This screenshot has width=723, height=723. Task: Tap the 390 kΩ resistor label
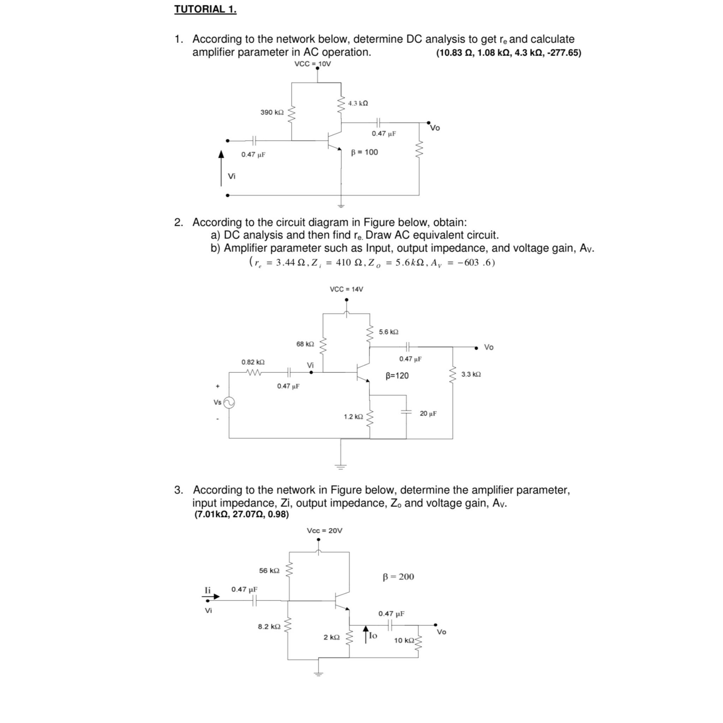pyautogui.click(x=272, y=112)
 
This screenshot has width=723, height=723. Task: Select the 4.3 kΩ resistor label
pyautogui.click(x=358, y=103)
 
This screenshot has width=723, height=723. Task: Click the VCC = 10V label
pyautogui.click(x=312, y=64)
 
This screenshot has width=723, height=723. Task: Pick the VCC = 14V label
pyautogui.click(x=346, y=289)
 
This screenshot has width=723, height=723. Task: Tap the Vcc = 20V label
pyautogui.click(x=324, y=530)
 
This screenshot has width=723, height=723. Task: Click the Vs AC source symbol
pyautogui.click(x=229, y=402)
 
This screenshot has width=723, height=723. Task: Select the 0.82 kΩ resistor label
pyautogui.click(x=253, y=362)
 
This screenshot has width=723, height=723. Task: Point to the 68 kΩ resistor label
pyautogui.click(x=305, y=343)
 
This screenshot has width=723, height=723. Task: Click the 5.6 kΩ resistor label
pyautogui.click(x=388, y=331)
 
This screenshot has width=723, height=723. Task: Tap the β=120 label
pyautogui.click(x=397, y=375)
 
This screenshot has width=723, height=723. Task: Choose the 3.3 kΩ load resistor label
pyautogui.click(x=471, y=374)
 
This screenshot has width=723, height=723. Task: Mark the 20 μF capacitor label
pyautogui.click(x=428, y=413)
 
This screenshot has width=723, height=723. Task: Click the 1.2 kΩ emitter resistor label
pyautogui.click(x=353, y=417)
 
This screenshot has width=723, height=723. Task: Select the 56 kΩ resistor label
pyautogui.click(x=269, y=570)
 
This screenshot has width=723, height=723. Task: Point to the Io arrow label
pyautogui.click(x=373, y=635)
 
